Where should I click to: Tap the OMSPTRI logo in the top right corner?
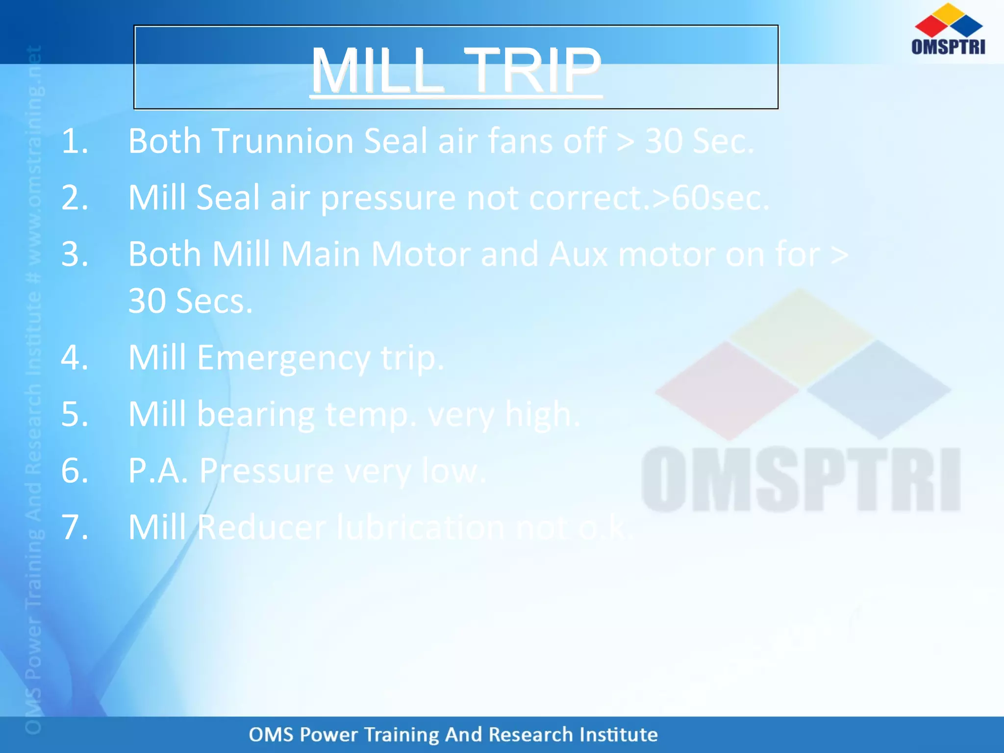948,29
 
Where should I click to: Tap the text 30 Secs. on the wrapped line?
190,301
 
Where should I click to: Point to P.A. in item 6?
158,471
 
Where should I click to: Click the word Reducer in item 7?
262,527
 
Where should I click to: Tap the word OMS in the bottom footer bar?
271,734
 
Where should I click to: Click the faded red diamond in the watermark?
727,390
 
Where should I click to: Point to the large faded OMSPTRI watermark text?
801,479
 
